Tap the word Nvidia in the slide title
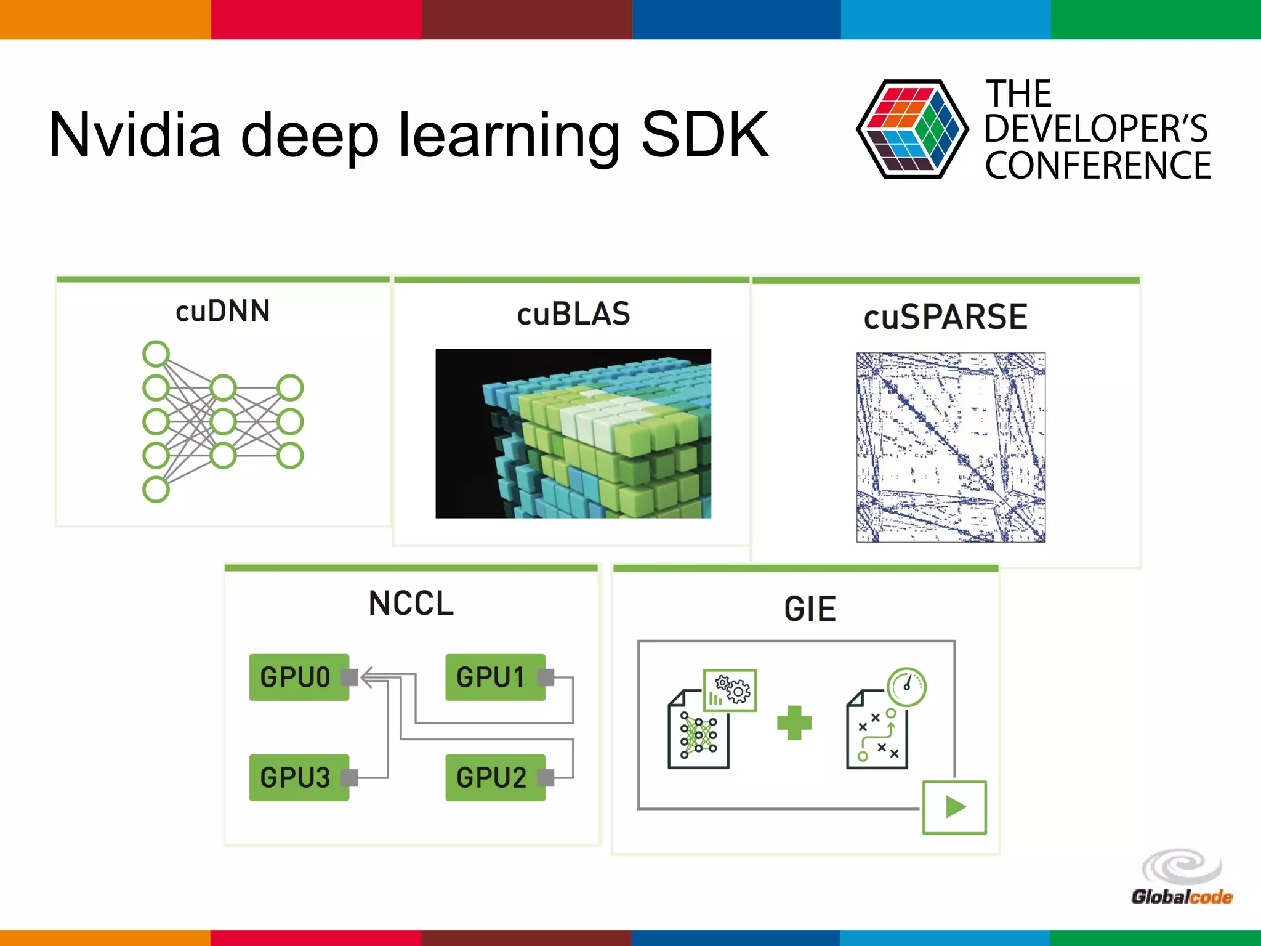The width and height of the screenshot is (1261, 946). coord(134,134)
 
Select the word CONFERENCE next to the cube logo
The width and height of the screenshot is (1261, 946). coord(1097,165)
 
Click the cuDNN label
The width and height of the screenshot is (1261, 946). coord(222,311)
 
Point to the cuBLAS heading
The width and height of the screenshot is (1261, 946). coord(573,314)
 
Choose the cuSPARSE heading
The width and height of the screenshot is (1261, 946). coord(945,317)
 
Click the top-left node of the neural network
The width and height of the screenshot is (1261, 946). coord(156,354)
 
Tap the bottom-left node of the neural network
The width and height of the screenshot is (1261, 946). coord(156,490)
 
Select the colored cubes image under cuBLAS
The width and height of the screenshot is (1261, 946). coord(573,433)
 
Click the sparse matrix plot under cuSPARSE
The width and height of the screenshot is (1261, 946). coord(951,447)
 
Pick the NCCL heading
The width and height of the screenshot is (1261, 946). coord(411,603)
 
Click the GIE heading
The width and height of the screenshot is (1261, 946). coord(810,609)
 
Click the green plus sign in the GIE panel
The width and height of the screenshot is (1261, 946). coord(794,722)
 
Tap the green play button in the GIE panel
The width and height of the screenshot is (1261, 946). coord(954,807)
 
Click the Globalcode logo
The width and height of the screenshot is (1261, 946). coord(1182,878)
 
